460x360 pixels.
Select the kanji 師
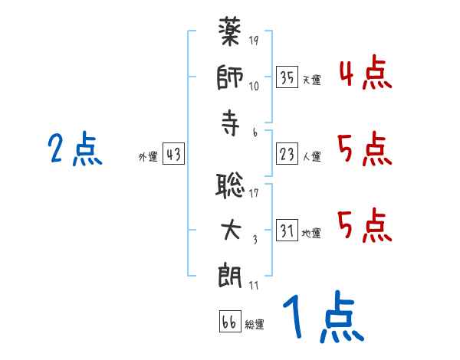click(x=231, y=79)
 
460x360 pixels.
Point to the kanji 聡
click(x=231, y=186)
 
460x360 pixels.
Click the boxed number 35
click(x=287, y=77)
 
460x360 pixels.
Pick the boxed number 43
click(x=173, y=155)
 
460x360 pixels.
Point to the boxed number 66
click(x=229, y=322)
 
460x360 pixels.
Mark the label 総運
click(x=255, y=324)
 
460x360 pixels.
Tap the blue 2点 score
click(x=75, y=149)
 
